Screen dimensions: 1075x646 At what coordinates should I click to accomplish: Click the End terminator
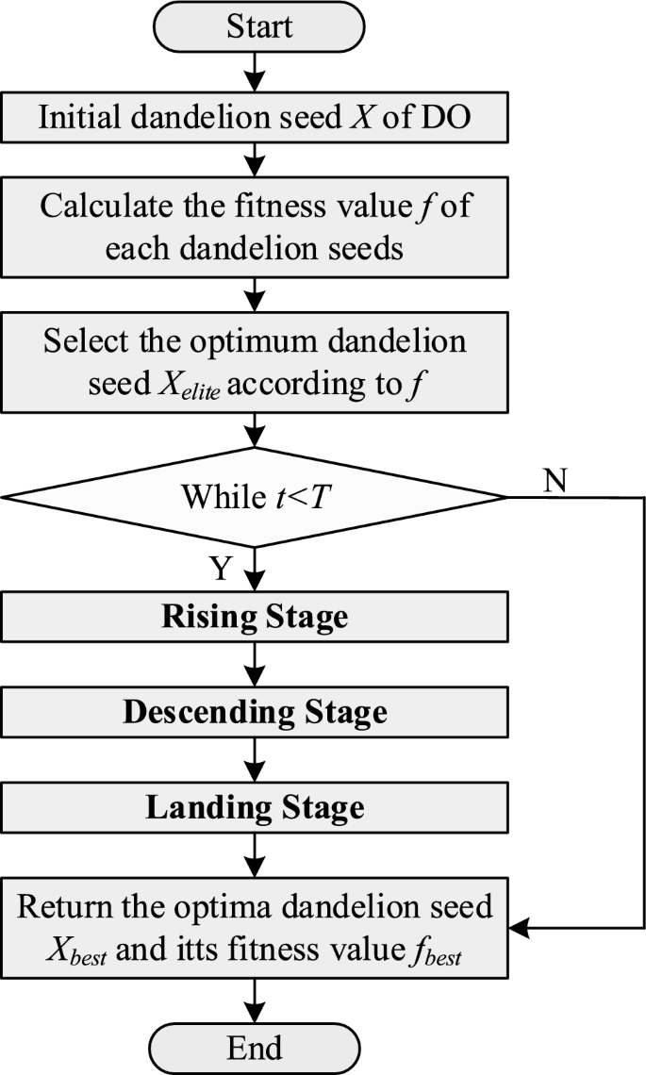(255, 1048)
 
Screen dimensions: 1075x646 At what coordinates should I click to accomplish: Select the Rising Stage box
(255, 617)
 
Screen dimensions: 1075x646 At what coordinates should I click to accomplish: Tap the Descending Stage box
(255, 712)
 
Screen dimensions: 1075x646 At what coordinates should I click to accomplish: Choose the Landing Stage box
(255, 808)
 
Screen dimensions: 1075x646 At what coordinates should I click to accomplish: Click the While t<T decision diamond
(255, 497)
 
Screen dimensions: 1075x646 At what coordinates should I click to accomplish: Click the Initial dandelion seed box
(255, 118)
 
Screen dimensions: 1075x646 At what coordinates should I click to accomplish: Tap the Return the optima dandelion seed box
(255, 928)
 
